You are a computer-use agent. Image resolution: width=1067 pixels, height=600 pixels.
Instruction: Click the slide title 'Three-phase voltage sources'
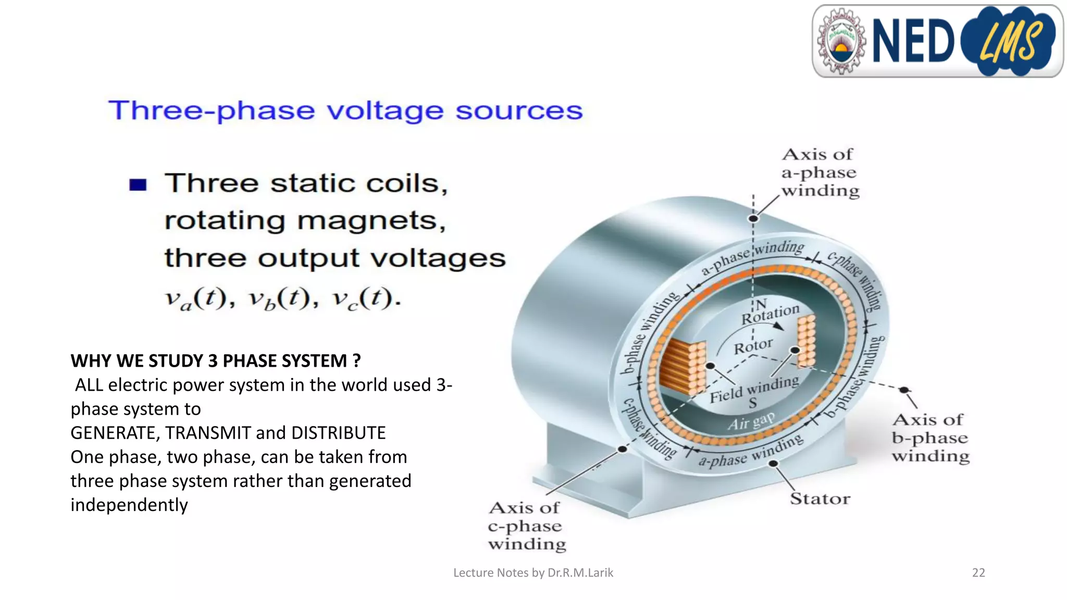(x=345, y=110)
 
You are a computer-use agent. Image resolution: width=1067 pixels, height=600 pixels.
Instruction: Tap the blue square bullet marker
(x=138, y=185)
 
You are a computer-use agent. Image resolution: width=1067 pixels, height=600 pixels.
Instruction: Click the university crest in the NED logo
(x=840, y=41)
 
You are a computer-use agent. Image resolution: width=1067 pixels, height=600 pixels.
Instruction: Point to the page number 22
(x=978, y=573)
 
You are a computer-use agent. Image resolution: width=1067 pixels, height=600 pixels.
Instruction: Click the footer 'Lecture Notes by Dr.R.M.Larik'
(x=533, y=573)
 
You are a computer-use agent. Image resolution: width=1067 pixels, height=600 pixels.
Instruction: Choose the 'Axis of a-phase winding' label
(x=820, y=172)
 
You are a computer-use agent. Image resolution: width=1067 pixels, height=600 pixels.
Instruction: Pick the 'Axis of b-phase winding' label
(x=930, y=438)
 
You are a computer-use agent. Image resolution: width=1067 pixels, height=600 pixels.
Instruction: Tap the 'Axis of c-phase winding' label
(x=526, y=526)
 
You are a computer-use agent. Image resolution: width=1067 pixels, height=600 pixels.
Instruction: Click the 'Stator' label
(x=820, y=499)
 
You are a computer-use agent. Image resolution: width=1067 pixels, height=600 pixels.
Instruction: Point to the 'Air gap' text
(x=751, y=421)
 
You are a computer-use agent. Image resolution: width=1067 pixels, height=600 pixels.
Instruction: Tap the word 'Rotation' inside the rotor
(x=770, y=314)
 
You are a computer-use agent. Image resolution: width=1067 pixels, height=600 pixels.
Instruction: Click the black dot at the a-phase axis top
(x=753, y=219)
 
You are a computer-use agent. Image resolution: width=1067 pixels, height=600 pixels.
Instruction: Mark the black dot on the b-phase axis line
(x=904, y=390)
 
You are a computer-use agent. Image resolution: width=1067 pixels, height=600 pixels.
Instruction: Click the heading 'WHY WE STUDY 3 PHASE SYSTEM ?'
(x=216, y=361)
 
